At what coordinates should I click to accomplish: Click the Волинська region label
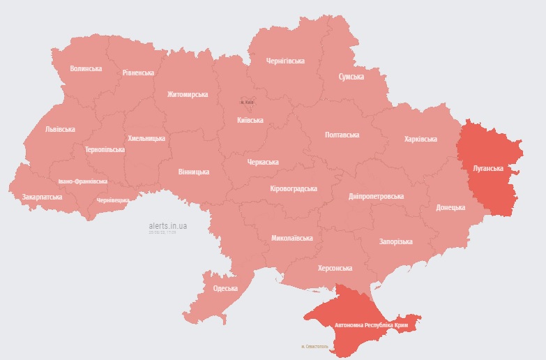86,68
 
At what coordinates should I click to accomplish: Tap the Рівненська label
138,73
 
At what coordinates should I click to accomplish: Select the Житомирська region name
188,94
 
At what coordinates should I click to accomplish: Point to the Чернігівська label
286,61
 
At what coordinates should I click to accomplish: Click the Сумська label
351,77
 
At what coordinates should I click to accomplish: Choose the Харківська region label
420,139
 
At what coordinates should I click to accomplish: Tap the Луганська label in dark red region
488,169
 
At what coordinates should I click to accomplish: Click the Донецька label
450,208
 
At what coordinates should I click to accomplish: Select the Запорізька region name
395,241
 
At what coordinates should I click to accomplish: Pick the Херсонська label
335,268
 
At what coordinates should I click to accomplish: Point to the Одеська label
225,288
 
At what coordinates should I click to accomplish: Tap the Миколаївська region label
291,238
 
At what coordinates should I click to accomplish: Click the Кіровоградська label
294,188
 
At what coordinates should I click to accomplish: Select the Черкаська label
263,162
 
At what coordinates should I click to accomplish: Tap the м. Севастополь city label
314,346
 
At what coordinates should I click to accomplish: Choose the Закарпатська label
42,197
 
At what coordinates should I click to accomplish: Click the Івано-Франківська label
83,181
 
